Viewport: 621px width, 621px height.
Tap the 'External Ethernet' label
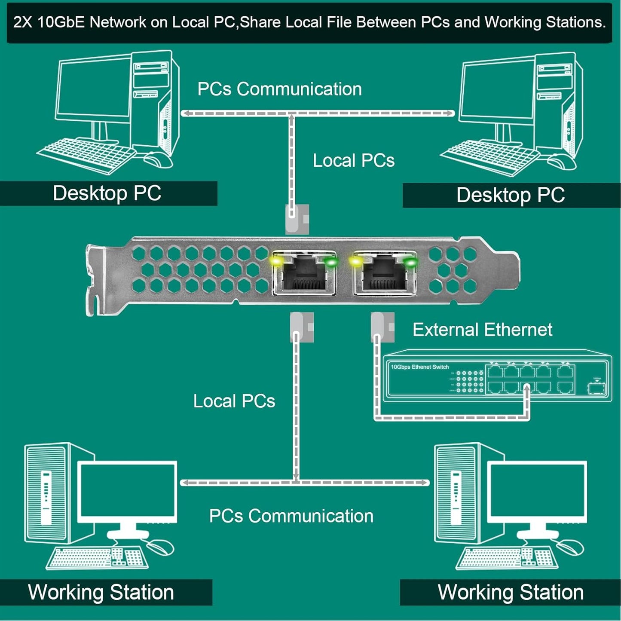click(x=482, y=330)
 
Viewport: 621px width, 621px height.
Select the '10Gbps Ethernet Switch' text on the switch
click(x=419, y=367)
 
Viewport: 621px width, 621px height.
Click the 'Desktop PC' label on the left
click(x=107, y=193)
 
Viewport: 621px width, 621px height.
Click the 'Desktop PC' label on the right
click(x=510, y=196)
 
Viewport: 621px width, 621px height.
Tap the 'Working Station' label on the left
click(x=101, y=592)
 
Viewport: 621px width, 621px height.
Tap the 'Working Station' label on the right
click(x=510, y=592)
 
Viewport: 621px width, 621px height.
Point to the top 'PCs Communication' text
click(x=279, y=89)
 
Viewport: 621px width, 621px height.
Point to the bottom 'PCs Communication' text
click(x=291, y=516)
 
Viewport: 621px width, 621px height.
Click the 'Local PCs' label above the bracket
click(x=353, y=161)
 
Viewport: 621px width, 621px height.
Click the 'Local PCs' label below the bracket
click(x=234, y=401)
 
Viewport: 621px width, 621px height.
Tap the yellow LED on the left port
click(x=275, y=260)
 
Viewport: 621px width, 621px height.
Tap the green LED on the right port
click(x=410, y=262)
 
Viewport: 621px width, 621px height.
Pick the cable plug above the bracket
click(x=297, y=218)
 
